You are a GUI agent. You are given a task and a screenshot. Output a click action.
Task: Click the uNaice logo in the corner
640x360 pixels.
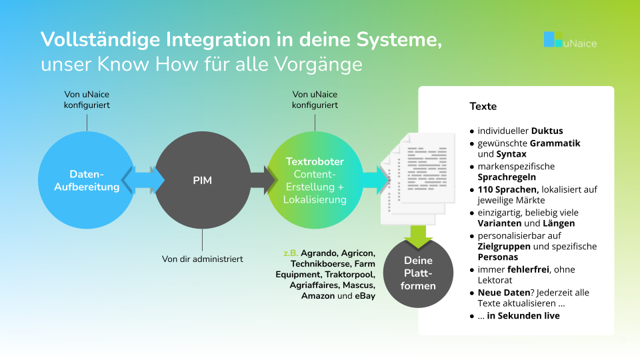pyautogui.click(x=569, y=40)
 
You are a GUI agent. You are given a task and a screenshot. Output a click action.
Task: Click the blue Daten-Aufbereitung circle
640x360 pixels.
pyautogui.click(x=87, y=180)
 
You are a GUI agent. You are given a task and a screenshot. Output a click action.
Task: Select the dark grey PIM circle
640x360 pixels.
pyautogui.click(x=202, y=180)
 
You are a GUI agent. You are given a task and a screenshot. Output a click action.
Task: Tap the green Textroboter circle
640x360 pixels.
pyautogui.click(x=315, y=180)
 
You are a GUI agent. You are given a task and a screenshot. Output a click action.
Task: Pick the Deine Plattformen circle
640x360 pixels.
pyautogui.click(x=418, y=273)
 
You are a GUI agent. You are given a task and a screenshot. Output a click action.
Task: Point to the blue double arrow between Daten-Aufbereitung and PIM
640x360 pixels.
pyautogui.click(x=144, y=180)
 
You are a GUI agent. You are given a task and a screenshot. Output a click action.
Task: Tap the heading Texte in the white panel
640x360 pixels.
pyautogui.click(x=483, y=107)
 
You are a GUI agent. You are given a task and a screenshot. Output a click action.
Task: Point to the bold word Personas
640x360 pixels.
pyautogui.click(x=498, y=257)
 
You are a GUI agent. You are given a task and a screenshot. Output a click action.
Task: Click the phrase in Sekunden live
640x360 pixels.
pyautogui.click(x=523, y=315)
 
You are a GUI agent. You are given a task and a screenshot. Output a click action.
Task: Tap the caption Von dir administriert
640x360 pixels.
pyautogui.click(x=203, y=259)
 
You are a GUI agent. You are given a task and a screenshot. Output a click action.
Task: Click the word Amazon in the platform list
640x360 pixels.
pyautogui.click(x=319, y=295)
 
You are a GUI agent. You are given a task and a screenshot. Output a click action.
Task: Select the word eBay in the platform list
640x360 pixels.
pyautogui.click(x=363, y=295)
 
